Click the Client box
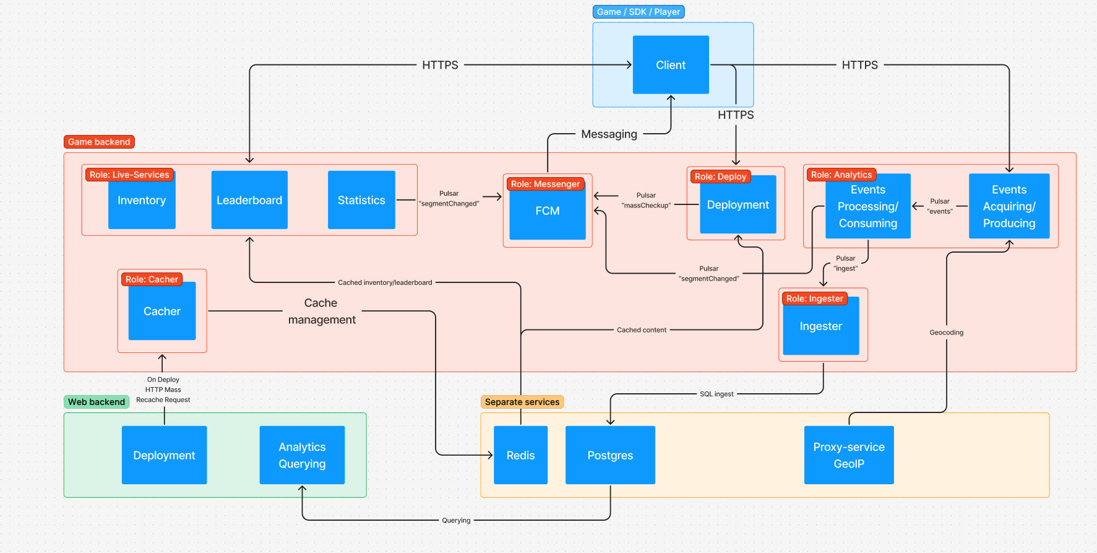pos(671,65)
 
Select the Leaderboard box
pos(249,200)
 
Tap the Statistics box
pos(361,200)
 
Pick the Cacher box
pos(162,311)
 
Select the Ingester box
pos(820,326)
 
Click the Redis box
pos(520,455)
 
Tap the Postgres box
pos(610,455)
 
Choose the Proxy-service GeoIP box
pos(849,455)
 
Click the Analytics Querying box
pos(302,455)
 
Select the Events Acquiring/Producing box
pos(1009,206)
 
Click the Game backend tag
pos(99,142)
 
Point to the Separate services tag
pos(522,402)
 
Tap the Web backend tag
pos(97,402)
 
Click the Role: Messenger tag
pos(545,184)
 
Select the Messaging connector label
pos(609,134)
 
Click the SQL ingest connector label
pos(716,394)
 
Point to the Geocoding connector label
pos(946,333)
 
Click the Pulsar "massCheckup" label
pos(646,200)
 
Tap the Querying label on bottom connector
pos(456,520)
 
